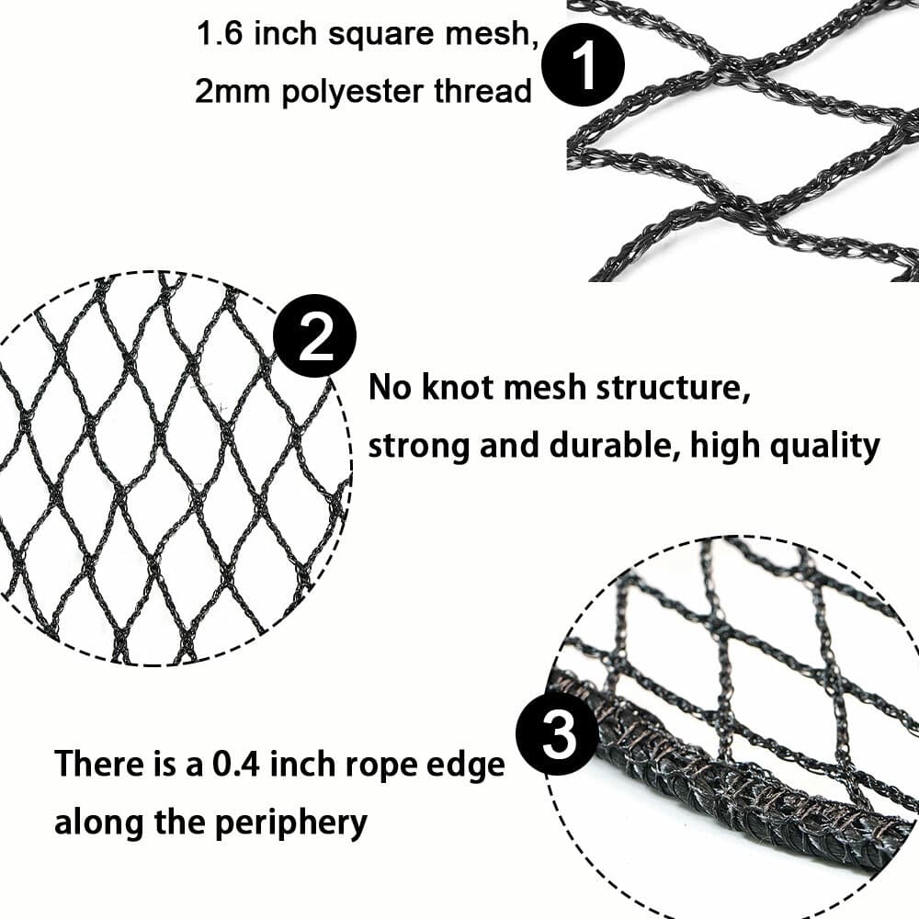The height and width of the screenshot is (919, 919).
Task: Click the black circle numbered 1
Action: tap(583, 67)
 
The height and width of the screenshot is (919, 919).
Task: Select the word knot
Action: tap(449, 388)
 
